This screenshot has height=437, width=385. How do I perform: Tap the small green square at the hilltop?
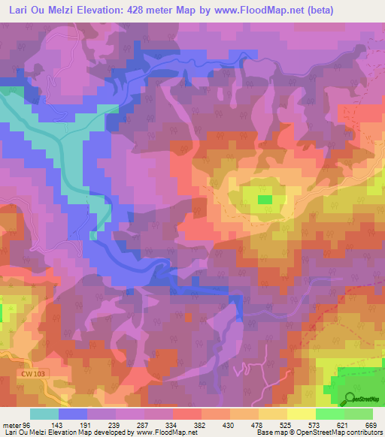265,199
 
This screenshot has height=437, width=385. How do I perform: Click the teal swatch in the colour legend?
44,414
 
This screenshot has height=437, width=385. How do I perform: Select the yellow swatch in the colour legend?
301,414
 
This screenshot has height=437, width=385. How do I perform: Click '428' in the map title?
143,10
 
